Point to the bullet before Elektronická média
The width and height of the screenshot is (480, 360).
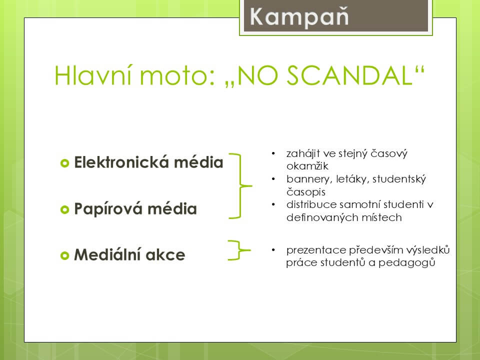[x=64, y=163]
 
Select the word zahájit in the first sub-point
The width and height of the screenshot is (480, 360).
[x=302, y=153]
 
